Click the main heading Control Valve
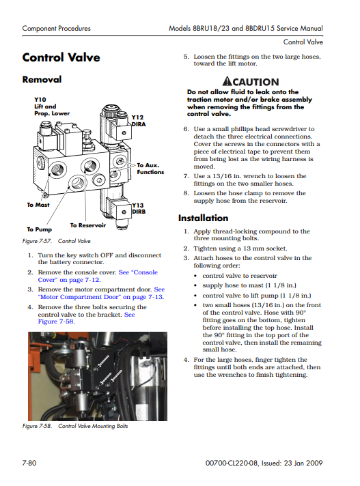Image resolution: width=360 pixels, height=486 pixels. pos(61,57)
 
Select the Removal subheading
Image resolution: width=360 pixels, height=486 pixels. pos(42,79)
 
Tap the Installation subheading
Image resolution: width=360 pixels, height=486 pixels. pos(203,218)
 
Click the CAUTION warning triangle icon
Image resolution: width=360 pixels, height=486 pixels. pos(227,81)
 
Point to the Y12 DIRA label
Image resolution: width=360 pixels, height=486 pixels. pos(139,121)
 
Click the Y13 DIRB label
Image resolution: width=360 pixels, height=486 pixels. pos(139,208)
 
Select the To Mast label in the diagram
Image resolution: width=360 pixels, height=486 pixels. pos(38,205)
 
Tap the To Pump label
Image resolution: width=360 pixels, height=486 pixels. pos(40,229)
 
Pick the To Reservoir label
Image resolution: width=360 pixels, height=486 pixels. pos(87,225)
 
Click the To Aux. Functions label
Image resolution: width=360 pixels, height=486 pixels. pos(150,169)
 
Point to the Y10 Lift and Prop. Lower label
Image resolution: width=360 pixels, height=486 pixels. pos(52,106)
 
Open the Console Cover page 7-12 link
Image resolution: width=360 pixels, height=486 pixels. pos(98,276)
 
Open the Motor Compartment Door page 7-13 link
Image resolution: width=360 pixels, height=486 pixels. pos(101,293)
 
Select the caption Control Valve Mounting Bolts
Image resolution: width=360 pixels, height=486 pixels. pos(93,426)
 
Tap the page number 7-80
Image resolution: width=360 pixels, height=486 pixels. pos(29,463)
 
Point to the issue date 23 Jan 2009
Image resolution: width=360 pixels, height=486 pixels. pos(303,463)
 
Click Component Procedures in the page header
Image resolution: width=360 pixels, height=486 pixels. pos(57,29)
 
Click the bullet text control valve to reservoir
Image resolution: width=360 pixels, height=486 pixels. pos(240,276)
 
